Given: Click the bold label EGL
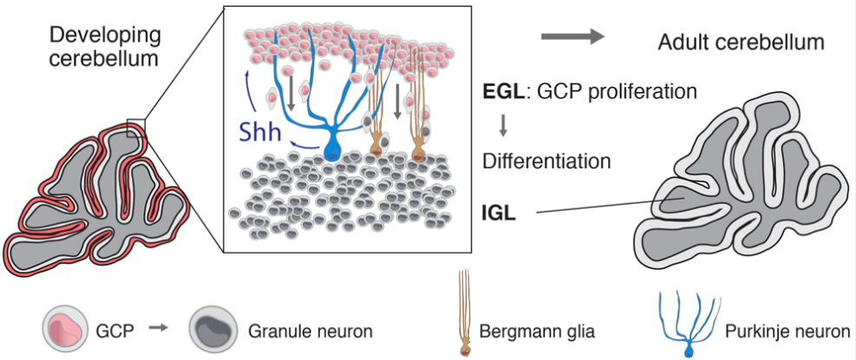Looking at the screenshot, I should (x=504, y=90).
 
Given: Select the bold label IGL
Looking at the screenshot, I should (x=500, y=211).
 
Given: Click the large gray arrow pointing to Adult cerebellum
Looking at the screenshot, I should (x=572, y=36).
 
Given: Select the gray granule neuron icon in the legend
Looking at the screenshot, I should (x=213, y=331).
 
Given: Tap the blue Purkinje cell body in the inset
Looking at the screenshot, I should (x=332, y=149).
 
